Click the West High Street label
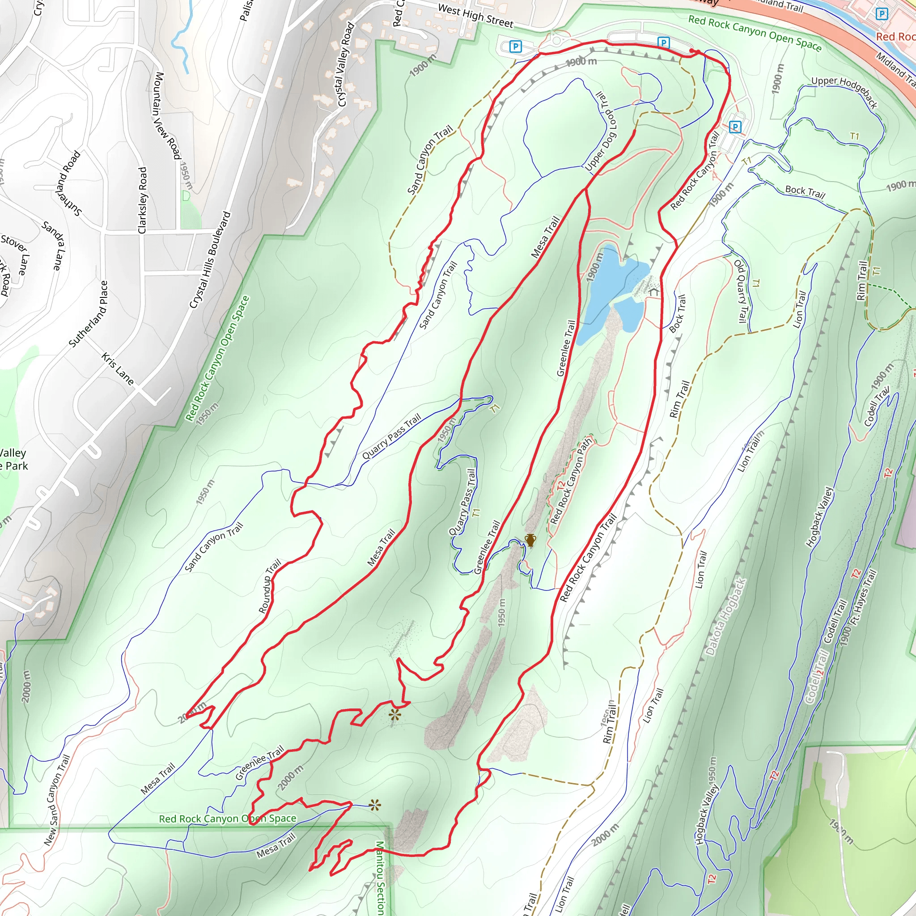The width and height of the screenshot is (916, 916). tap(475, 16)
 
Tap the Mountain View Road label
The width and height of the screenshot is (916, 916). tap(167, 116)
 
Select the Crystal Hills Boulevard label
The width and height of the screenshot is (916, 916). tap(210, 260)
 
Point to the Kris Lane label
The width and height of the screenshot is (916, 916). tap(118, 369)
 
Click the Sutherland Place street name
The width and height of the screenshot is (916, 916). tap(89, 314)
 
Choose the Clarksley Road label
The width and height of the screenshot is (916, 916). tap(142, 200)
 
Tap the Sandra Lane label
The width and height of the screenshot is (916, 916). tap(53, 245)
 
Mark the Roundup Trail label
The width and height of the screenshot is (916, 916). tap(270, 586)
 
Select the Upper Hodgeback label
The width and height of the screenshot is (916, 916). tap(844, 92)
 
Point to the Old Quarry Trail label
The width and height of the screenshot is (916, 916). tap(740, 291)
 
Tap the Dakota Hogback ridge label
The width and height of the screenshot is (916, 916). tap(726, 616)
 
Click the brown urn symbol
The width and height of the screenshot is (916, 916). tap(530, 540)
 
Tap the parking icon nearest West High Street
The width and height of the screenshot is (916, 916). tap(515, 47)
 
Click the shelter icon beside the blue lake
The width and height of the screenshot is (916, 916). tap(654, 292)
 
